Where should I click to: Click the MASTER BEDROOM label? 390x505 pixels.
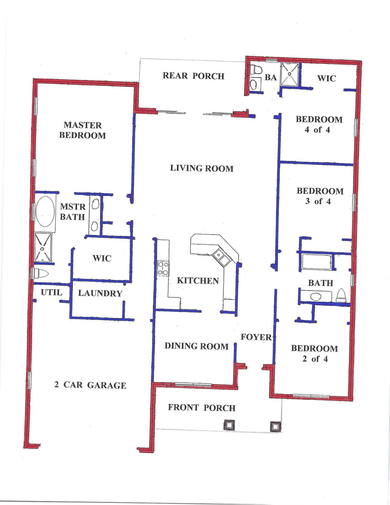click(83, 130)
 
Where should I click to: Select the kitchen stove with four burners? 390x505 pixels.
click(163, 268)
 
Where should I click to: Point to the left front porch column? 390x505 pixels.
click(229, 425)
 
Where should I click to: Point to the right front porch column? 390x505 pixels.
click(275, 426)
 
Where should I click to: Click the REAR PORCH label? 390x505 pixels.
click(193, 76)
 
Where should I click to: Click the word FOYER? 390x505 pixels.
click(256, 337)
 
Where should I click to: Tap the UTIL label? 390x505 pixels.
click(51, 292)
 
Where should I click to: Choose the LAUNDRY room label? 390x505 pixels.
click(100, 293)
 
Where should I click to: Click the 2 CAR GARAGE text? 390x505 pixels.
click(90, 385)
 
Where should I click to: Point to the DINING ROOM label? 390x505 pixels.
click(196, 346)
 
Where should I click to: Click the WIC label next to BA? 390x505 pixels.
click(326, 78)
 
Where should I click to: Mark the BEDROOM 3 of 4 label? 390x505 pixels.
click(320, 196)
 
